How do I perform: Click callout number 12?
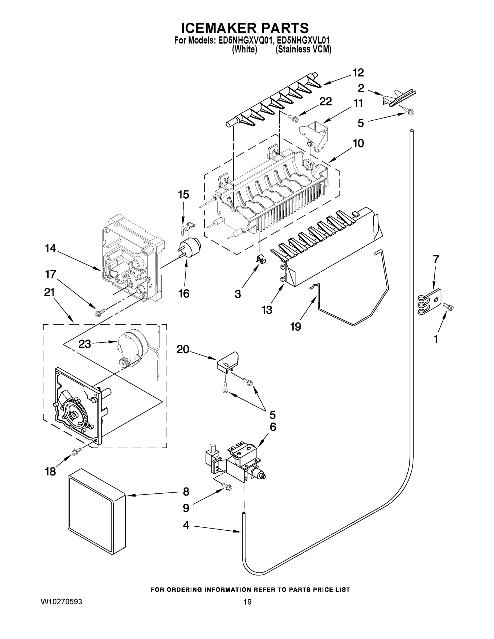pyautogui.click(x=358, y=73)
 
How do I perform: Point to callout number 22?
pyautogui.click(x=325, y=102)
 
